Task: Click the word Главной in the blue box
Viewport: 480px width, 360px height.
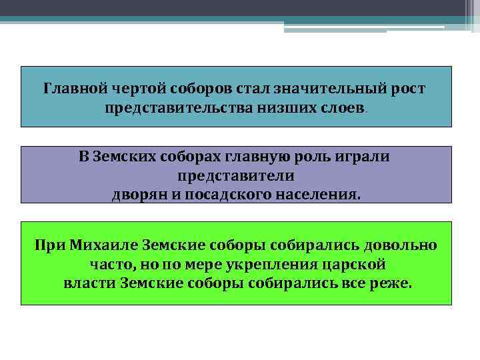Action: coord(71,88)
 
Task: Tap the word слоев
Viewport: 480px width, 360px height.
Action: coord(342,107)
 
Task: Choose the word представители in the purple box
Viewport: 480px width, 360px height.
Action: coord(236,177)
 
